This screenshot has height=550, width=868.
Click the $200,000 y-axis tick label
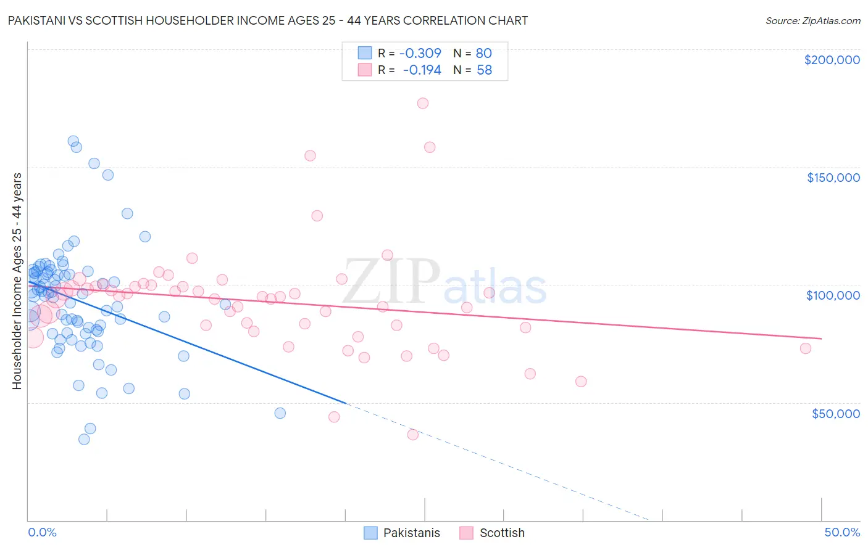click(832, 60)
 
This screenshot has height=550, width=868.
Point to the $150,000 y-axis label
click(833, 178)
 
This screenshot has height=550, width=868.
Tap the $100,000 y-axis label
click(833, 295)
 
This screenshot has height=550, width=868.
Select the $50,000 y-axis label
click(835, 413)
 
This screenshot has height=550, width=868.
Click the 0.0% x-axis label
click(42, 532)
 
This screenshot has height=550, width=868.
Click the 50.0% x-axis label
click(842, 532)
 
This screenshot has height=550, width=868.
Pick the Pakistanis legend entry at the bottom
click(403, 533)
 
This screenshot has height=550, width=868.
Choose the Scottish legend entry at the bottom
click(492, 533)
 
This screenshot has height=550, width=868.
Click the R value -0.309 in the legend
click(420, 53)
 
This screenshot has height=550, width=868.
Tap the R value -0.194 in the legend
click(422, 70)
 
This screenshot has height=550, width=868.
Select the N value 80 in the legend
click(483, 53)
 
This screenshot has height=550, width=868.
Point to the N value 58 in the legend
click(484, 70)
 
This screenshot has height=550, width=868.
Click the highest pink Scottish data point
click(423, 103)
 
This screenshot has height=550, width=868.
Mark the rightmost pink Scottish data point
click(806, 348)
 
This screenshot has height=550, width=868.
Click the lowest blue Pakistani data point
click(84, 439)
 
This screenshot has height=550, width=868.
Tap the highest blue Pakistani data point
click(73, 141)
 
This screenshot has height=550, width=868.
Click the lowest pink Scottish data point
click(413, 435)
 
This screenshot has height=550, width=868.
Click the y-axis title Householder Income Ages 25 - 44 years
click(17, 281)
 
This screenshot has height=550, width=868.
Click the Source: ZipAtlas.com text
click(812, 21)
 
